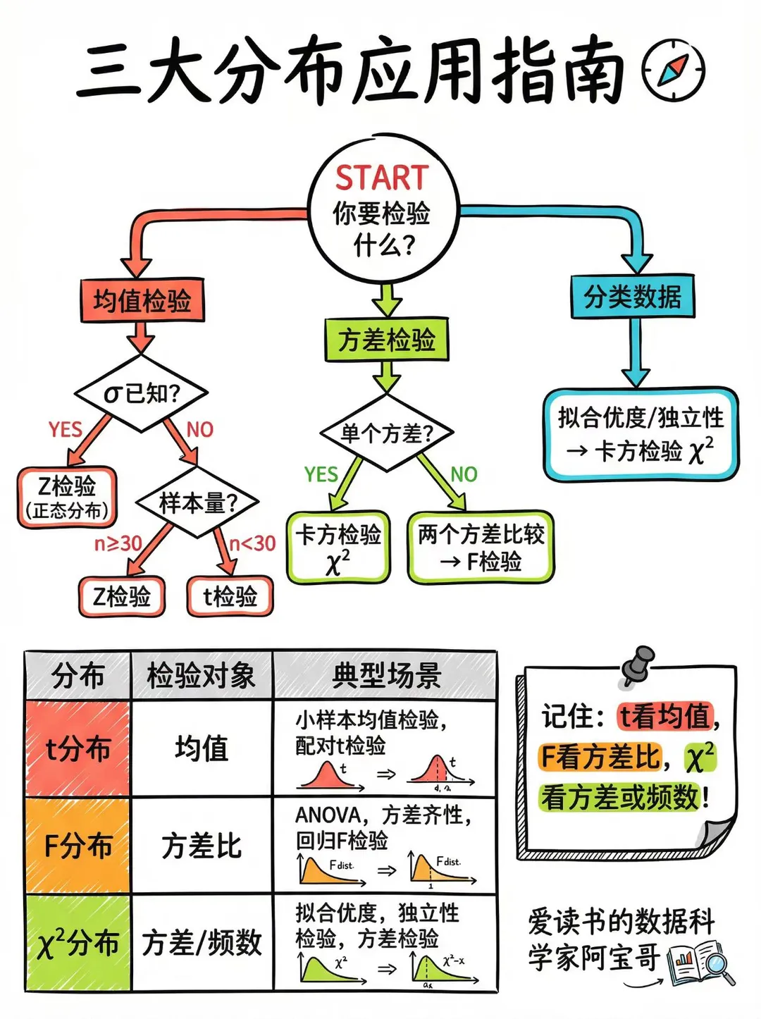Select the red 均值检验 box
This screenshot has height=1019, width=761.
tap(142, 301)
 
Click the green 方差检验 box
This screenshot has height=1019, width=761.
tap(386, 340)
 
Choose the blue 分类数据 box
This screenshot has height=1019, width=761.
tap(632, 297)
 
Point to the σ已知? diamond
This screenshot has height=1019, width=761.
tap(142, 393)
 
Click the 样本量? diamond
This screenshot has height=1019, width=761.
tap(197, 503)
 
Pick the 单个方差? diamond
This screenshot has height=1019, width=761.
tap(386, 433)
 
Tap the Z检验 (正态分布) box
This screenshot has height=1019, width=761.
tap(67, 497)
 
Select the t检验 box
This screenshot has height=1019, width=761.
tap(230, 597)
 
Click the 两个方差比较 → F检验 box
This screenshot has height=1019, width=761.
tap(481, 547)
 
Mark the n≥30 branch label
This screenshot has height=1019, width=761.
tap(118, 543)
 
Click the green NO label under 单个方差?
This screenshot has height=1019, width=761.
tap(464, 474)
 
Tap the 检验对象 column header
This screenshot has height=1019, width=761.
tap(201, 676)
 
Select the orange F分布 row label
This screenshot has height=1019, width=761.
tap(78, 846)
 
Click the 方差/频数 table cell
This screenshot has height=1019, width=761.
tap(202, 943)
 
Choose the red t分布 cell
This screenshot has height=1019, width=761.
tap(78, 748)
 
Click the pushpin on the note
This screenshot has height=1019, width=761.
tap(638, 665)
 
